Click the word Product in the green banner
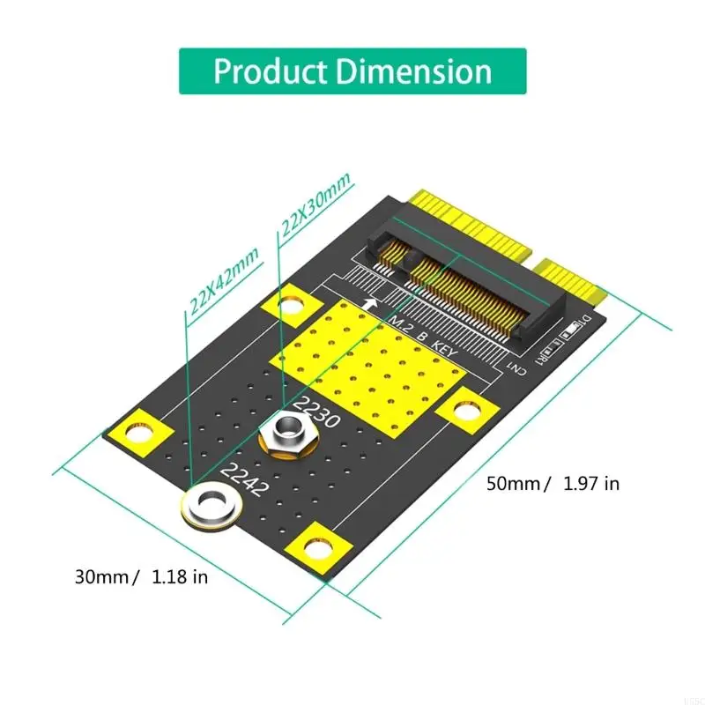click(x=269, y=71)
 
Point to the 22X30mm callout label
click(x=315, y=207)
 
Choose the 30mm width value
click(x=105, y=577)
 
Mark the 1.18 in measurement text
click(x=180, y=577)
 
